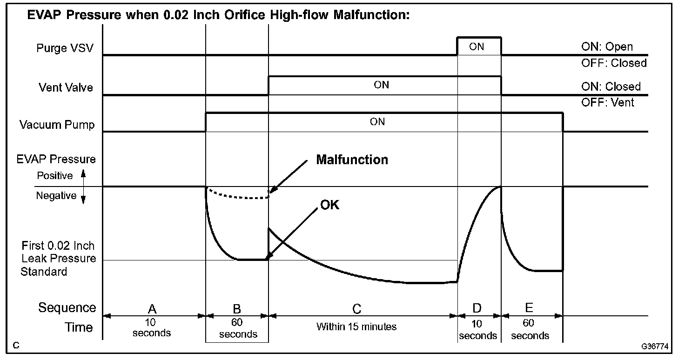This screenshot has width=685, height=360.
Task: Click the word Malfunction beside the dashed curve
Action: click(352, 160)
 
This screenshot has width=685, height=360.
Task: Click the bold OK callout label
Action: click(329, 205)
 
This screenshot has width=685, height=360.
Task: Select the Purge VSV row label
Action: click(64, 48)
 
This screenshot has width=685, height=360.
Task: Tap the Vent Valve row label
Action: click(66, 87)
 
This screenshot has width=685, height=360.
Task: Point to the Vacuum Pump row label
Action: click(57, 125)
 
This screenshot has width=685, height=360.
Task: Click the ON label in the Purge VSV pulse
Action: click(477, 47)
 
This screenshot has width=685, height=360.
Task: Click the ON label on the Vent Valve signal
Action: click(381, 85)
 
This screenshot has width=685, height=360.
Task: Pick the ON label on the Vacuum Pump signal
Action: click(377, 122)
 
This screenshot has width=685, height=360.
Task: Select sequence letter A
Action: click(152, 308)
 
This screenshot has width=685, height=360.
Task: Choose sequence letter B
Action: click(237, 308)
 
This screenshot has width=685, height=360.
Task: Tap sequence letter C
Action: click(357, 309)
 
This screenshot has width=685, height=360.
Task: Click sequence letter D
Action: click(477, 308)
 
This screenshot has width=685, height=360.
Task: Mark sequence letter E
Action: click(529, 308)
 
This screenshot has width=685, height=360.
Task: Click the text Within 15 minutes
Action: click(356, 327)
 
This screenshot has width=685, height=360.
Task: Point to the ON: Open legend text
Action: click(607, 47)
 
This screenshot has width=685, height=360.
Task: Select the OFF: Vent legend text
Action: click(607, 102)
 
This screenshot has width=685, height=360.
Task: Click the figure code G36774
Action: click(653, 347)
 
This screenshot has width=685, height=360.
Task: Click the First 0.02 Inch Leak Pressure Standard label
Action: click(58, 259)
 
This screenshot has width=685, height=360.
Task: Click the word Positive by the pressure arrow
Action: click(55, 176)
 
